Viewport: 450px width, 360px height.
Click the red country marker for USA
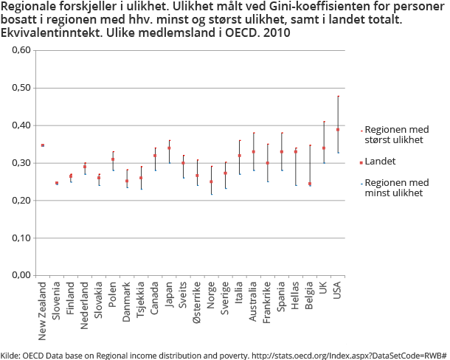(338, 130)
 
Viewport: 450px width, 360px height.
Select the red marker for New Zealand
(43, 145)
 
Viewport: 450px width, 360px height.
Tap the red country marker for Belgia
(310, 184)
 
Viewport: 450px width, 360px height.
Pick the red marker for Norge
(211, 181)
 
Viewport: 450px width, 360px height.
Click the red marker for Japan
(169, 148)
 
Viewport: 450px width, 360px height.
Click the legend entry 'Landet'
(381, 161)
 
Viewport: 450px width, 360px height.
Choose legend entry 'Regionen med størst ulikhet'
(396, 134)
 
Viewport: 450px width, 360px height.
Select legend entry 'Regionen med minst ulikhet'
(396, 187)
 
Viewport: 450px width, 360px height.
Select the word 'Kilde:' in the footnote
(11, 354)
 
